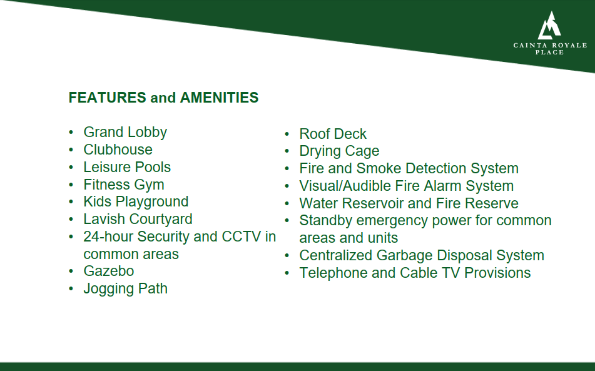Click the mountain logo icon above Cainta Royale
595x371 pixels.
pos(549,26)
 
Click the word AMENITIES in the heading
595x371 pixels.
pos(219,98)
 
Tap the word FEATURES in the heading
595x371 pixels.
pos(107,98)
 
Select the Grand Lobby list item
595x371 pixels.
pos(125,133)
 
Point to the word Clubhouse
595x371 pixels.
pos(118,150)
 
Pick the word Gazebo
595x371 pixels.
pos(108,271)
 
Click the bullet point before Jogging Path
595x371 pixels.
pos(71,288)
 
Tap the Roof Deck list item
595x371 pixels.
pos(333,134)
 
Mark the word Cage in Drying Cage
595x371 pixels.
pos(362,151)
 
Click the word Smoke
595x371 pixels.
pos(379,168)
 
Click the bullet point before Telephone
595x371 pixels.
pos(287,273)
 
